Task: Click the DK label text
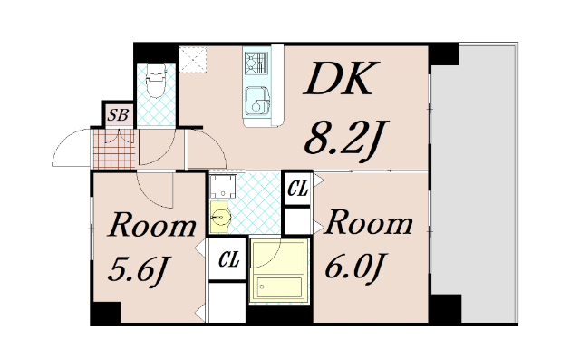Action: pyautogui.click(x=338, y=83)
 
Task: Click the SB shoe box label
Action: pyautogui.click(x=116, y=114)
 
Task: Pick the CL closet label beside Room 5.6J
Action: pyautogui.click(x=227, y=260)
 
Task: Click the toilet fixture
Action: pyautogui.click(x=156, y=86)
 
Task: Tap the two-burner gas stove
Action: pyautogui.click(x=256, y=63)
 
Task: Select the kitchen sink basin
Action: pyautogui.click(x=258, y=105)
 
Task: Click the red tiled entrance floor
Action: pyautogui.click(x=113, y=149)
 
